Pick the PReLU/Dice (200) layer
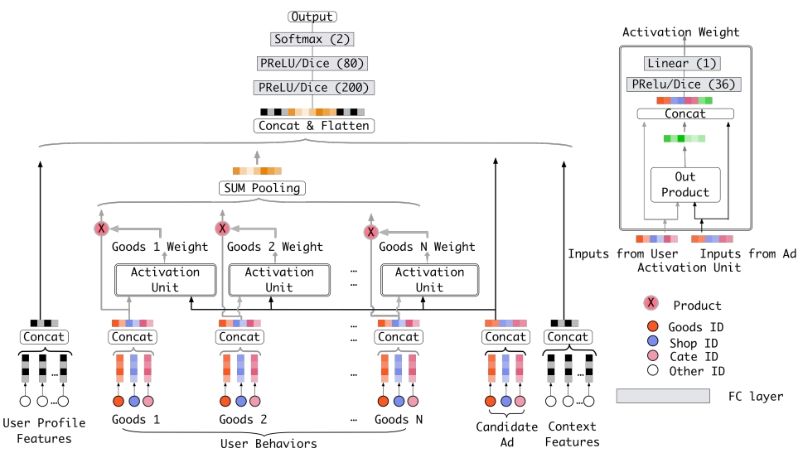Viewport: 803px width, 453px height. [x=313, y=87]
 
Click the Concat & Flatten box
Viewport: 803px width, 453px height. [x=313, y=126]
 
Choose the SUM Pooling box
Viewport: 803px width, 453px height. [x=261, y=188]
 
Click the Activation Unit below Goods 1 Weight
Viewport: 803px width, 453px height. [x=165, y=280]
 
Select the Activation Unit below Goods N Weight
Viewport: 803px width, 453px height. [x=428, y=280]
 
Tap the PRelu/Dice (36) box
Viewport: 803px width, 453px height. [x=684, y=84]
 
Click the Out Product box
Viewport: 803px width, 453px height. [x=684, y=185]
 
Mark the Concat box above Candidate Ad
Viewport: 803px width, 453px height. [x=506, y=337]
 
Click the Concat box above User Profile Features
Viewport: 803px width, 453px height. [x=45, y=337]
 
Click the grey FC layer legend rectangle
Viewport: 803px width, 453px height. [x=662, y=397]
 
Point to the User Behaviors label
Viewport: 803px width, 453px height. [x=268, y=444]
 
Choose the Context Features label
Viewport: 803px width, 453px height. [x=573, y=434]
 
